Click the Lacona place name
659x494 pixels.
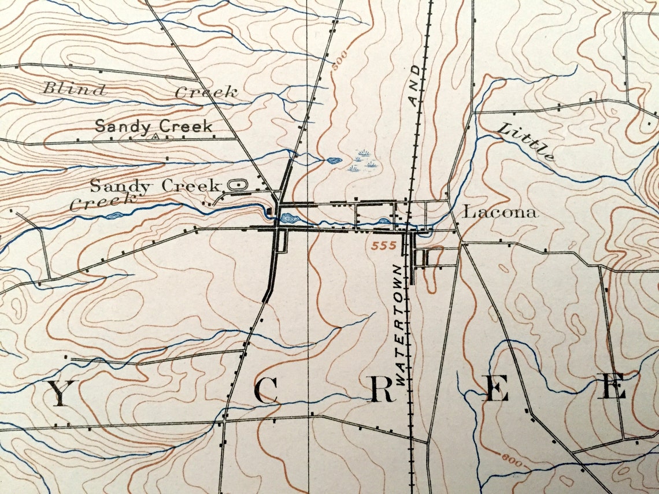click(501, 212)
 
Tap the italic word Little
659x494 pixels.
click(526, 142)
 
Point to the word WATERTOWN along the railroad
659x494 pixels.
click(401, 323)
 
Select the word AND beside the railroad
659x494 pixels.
click(414, 86)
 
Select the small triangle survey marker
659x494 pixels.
click(155, 138)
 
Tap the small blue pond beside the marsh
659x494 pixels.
click(334, 161)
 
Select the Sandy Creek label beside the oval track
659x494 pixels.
click(156, 186)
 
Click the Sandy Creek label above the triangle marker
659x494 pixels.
click(153, 126)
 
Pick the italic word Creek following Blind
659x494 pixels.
click(206, 92)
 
